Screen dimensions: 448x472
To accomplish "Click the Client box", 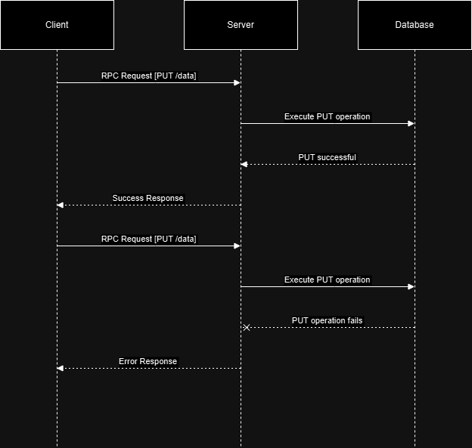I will point(57,25).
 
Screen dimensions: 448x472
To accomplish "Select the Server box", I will point(241,25).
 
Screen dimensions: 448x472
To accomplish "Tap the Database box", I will point(415,25).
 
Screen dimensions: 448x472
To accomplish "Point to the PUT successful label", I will point(327,157).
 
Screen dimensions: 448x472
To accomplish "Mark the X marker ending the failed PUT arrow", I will point(246,327).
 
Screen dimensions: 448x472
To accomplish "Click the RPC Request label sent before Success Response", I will point(148,76).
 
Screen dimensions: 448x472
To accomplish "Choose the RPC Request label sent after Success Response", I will point(148,239).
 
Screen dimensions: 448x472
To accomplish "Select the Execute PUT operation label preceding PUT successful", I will point(327,116).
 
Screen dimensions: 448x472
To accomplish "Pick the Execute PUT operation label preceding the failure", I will point(327,280).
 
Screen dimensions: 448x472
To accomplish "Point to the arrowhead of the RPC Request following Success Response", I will point(237,246).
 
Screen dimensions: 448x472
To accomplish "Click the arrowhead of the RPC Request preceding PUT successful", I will point(237,82).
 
